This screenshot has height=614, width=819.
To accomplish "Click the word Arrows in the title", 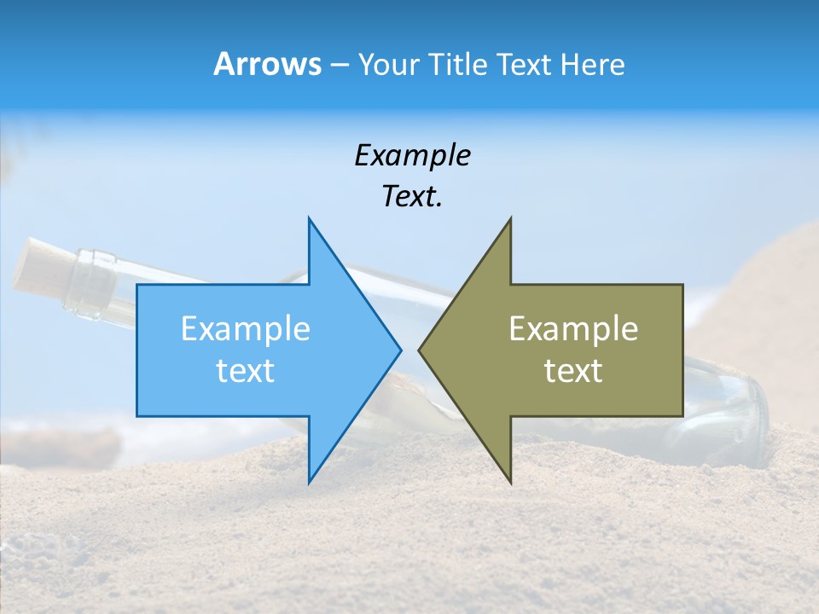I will coord(267,64).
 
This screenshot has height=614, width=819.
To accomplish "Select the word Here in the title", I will coord(592,64).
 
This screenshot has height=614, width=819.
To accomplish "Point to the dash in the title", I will coord(339,65).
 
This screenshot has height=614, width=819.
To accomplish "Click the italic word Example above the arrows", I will coord(412,156).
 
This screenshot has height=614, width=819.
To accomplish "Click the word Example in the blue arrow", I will coord(246,328).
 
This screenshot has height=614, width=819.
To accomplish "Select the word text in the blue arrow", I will coord(246,370).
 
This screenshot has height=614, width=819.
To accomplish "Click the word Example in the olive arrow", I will coord(573,328).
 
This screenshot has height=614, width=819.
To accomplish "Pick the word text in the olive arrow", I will coord(573,370).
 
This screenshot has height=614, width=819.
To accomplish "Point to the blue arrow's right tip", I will coord(399,350).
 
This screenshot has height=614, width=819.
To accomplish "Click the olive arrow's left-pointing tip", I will coord(420,350).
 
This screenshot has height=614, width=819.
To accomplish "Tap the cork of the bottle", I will coord(38,269).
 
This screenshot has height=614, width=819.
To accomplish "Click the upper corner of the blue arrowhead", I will coord(309,219).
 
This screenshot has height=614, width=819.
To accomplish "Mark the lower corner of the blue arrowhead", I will coord(309,482).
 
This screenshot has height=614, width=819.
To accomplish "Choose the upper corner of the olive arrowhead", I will coord(510,219).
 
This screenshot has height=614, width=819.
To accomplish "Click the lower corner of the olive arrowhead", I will coord(510,482).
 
